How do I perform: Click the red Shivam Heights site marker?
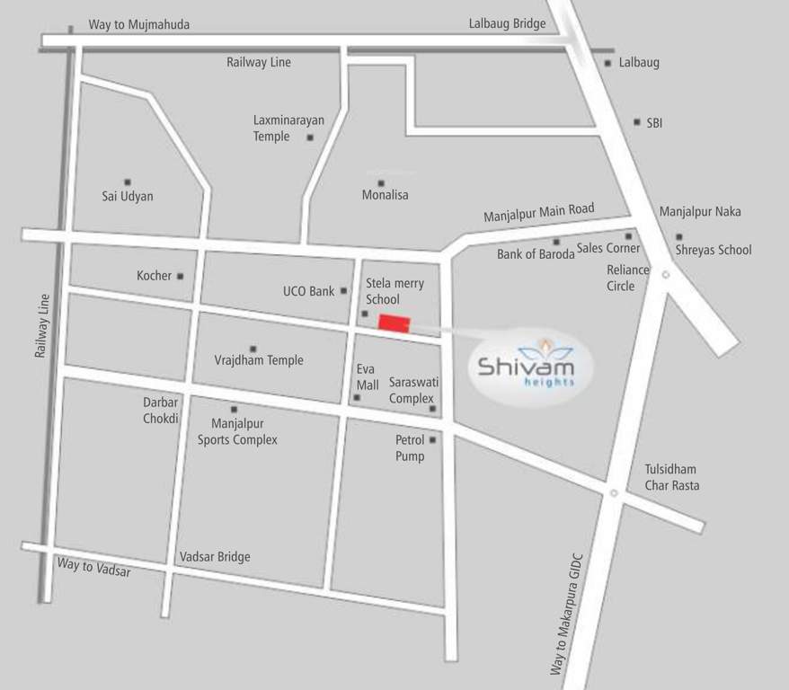click(x=394, y=323)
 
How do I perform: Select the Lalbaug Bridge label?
click(x=507, y=23)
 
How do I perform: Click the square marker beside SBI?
click(x=636, y=121)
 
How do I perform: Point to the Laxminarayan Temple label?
click(x=288, y=128)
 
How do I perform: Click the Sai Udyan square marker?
click(x=128, y=181)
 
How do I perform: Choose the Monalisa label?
click(x=385, y=195)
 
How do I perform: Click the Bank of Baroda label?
click(x=535, y=254)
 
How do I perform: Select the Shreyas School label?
click(x=714, y=250)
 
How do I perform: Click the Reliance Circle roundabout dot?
click(x=665, y=275)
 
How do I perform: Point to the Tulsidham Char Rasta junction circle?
click(x=613, y=492)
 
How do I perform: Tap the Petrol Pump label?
click(x=410, y=448)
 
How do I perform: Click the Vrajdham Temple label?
click(x=259, y=360)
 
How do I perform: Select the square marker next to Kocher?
click(x=180, y=276)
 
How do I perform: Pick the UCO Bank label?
click(x=308, y=291)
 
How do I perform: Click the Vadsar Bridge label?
click(x=215, y=557)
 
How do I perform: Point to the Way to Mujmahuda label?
click(x=138, y=24)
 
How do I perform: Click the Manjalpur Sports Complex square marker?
click(x=234, y=409)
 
